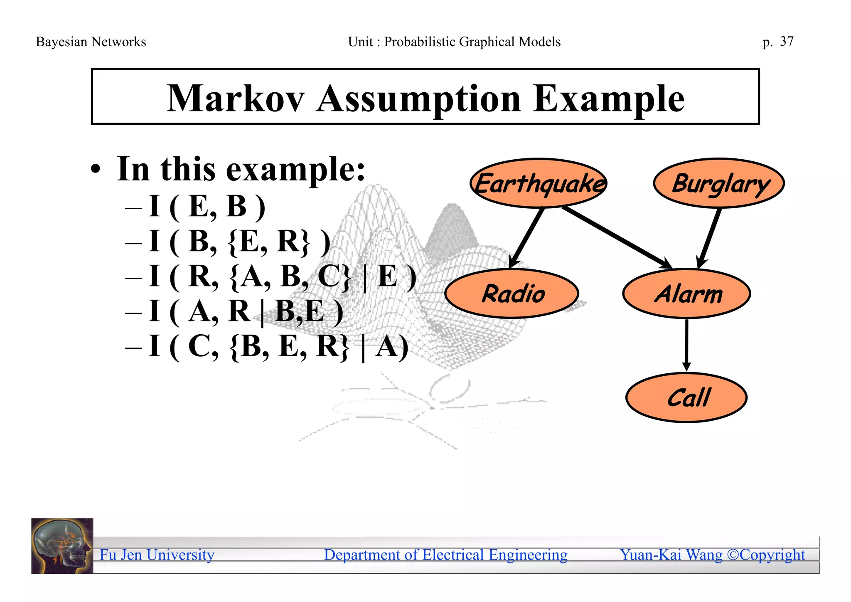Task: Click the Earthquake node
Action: click(539, 183)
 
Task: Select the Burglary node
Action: click(719, 183)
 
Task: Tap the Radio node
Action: click(512, 294)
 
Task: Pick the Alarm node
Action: click(686, 294)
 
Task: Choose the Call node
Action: click(686, 398)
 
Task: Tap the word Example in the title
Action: click(608, 100)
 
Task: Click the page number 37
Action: click(787, 42)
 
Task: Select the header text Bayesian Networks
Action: click(91, 42)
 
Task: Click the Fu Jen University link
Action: click(157, 555)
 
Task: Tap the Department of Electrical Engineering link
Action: click(445, 555)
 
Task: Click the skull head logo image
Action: click(62, 546)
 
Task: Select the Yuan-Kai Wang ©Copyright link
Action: click(712, 555)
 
